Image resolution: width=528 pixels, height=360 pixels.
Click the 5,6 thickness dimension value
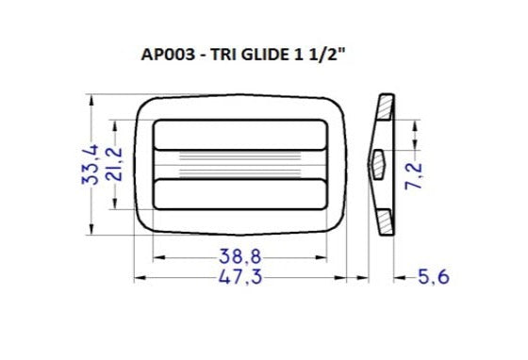pos(433,277)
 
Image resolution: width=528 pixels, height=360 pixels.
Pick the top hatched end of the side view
pos(386,106)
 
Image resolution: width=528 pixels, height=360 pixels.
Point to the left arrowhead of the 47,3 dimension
pos(141,277)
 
